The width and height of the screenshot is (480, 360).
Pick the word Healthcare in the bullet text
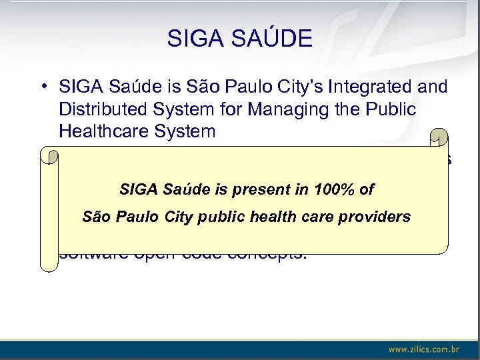click(x=103, y=131)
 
